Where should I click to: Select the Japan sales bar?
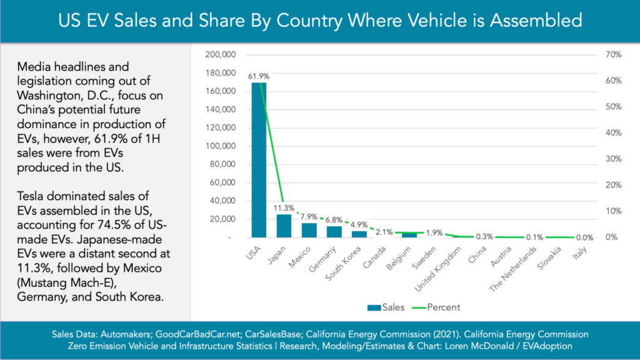(284, 226)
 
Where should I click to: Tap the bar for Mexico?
(309, 230)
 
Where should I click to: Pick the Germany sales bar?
(334, 232)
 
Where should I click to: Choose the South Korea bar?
(359, 234)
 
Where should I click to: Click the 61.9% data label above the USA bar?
(255, 76)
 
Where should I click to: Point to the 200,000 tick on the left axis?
(220, 55)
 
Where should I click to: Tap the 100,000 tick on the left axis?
(220, 146)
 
